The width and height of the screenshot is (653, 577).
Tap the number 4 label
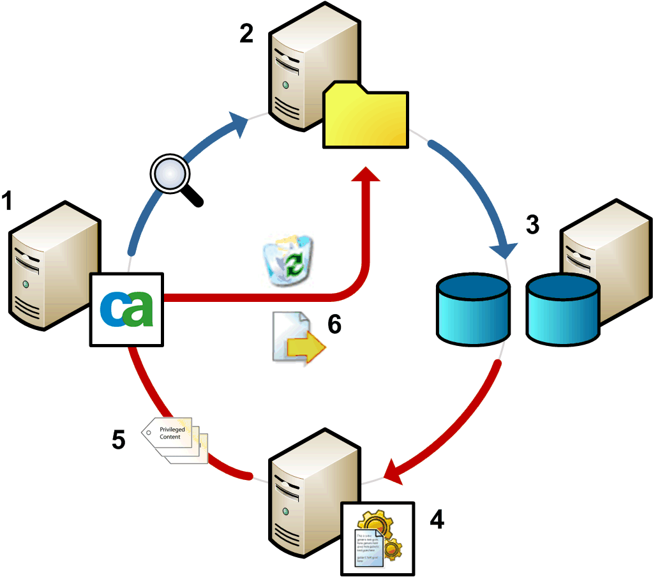pyautogui.click(x=437, y=520)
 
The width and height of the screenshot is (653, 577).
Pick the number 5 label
pyautogui.click(x=118, y=440)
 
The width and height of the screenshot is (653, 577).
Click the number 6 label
pyautogui.click(x=334, y=324)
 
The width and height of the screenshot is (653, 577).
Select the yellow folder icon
pyautogui.click(x=365, y=117)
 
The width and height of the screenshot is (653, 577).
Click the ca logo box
pyautogui.click(x=127, y=309)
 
